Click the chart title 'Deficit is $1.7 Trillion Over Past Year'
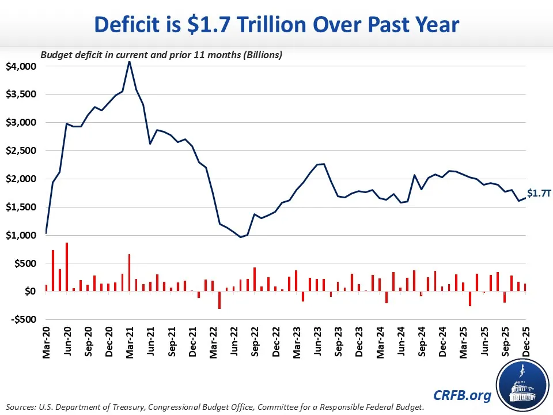click(276, 26)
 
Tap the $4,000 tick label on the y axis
click(21, 66)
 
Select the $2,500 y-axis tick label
click(21, 150)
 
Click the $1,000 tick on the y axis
click(21, 235)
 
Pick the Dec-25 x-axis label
click(525, 344)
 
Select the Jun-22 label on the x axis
click(234, 344)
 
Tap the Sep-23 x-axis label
click(338, 344)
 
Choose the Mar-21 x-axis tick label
click(130, 344)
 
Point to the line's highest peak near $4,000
click(129, 62)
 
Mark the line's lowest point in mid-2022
click(241, 237)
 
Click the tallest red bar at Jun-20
click(67, 267)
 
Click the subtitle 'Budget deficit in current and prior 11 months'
click(161, 55)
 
